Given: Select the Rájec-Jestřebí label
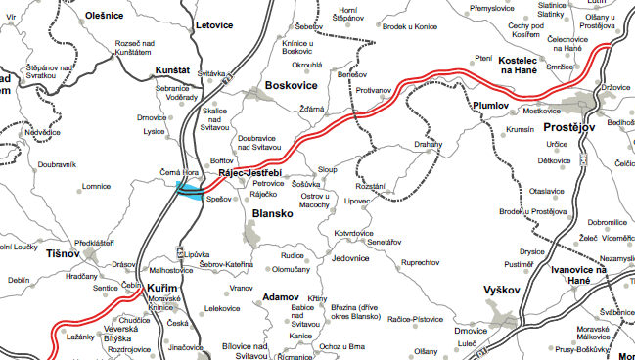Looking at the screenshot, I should (250, 172).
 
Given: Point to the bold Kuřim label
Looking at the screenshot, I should (162, 289).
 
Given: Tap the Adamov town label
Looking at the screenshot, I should (281, 295).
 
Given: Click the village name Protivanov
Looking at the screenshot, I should (373, 90).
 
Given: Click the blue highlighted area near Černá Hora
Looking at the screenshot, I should (189, 191).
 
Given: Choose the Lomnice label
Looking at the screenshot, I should (96, 185).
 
